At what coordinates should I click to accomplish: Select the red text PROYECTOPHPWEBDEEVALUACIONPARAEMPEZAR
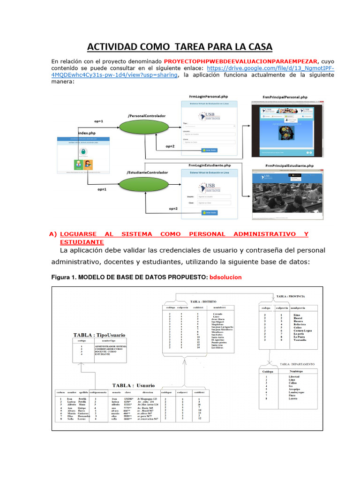pos(240,61)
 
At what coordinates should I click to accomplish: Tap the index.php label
pos(87,133)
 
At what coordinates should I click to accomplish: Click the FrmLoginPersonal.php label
pos(208,96)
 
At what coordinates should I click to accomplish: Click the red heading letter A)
pos(53,234)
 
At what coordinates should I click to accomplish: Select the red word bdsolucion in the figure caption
pos(225,277)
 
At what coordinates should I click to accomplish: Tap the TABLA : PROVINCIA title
pos(291,297)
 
